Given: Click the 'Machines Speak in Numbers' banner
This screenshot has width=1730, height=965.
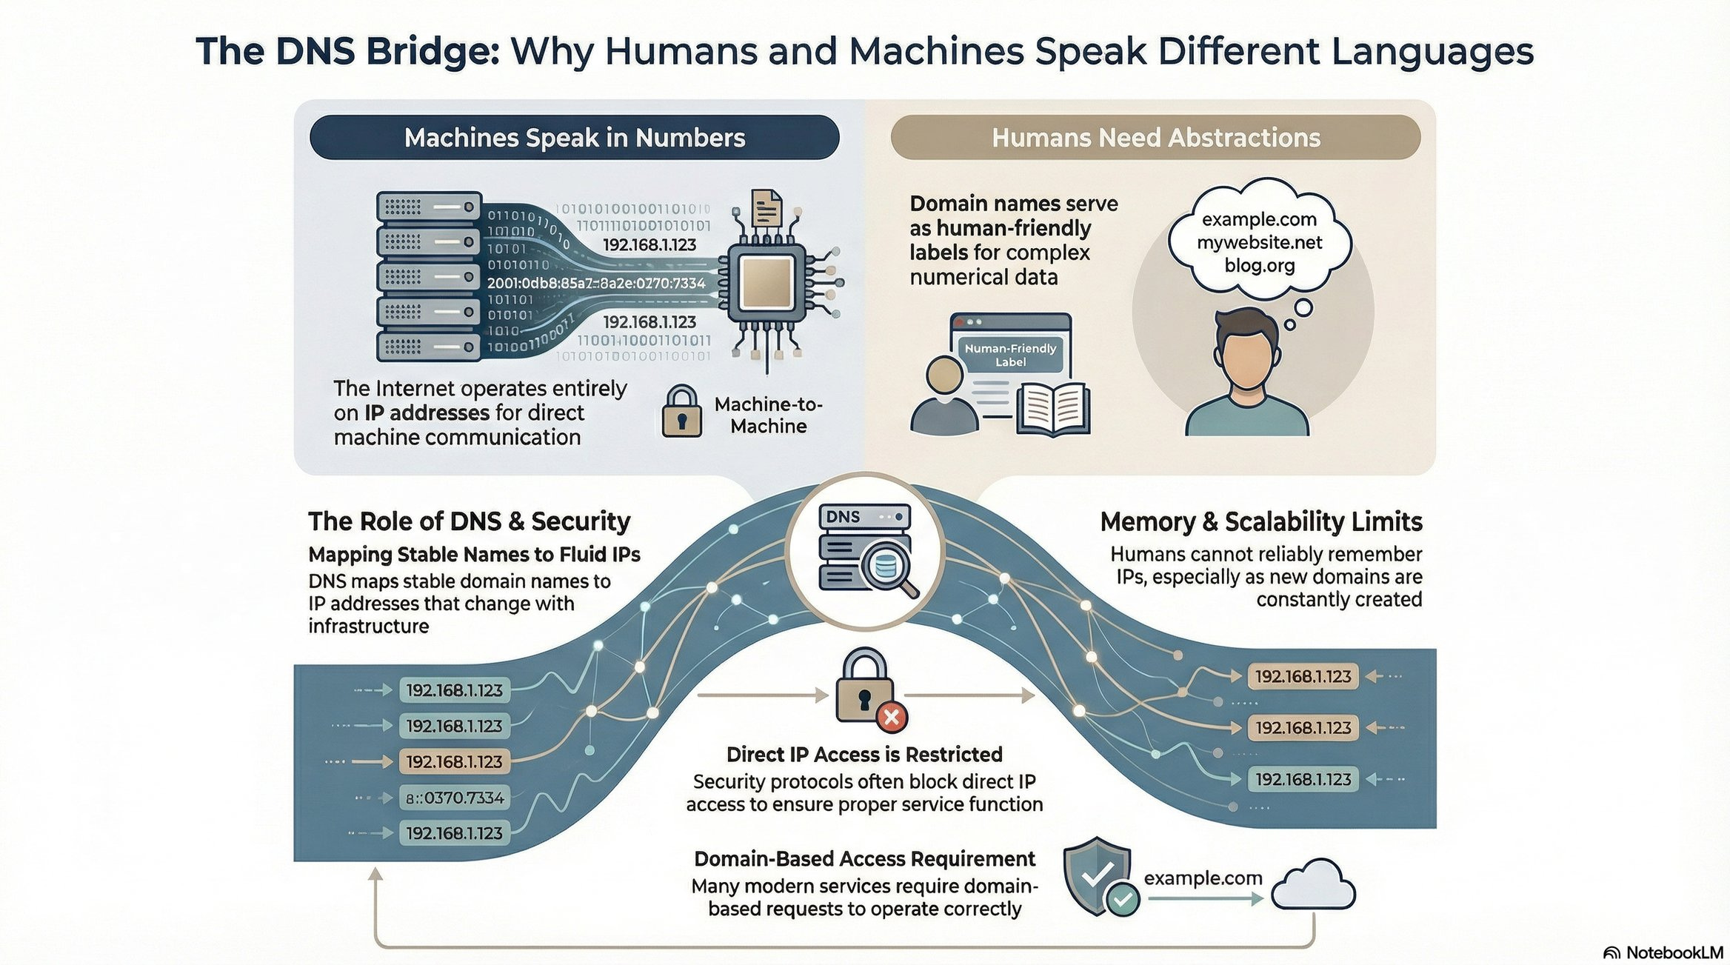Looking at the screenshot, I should click(574, 138).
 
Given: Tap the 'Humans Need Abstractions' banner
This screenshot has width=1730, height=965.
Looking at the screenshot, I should click(1155, 138).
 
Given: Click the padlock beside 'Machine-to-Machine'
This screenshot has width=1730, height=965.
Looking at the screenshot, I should click(681, 412).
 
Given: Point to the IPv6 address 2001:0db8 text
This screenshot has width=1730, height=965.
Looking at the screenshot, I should click(596, 283).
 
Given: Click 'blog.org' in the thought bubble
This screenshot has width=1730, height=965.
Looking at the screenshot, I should click(1259, 265).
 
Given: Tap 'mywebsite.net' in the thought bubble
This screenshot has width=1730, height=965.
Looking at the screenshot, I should click(1259, 242).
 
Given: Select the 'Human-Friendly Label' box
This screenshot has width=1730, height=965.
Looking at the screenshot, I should click(1010, 354).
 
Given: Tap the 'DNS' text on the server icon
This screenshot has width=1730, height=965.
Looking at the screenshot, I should click(843, 516).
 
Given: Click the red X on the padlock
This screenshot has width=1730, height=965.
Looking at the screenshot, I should click(892, 716).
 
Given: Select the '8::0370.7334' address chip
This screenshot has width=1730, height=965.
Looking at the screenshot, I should click(455, 798).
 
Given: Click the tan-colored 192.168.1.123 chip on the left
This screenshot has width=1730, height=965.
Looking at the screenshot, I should click(454, 761).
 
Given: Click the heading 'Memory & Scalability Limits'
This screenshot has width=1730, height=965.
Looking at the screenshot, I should click(1260, 522).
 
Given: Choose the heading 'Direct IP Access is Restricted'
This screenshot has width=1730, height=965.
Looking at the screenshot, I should click(864, 754).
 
